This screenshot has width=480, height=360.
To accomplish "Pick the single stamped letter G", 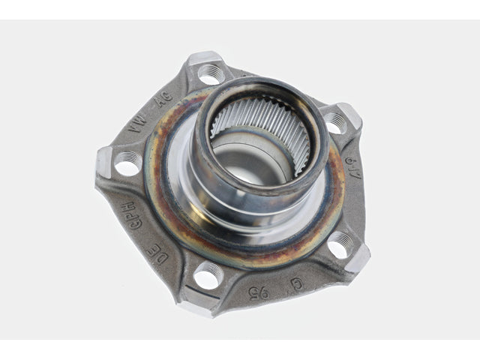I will [297, 283].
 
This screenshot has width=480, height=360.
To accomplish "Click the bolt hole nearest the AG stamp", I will [211, 73].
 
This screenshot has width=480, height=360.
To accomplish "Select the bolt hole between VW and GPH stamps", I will [127, 162].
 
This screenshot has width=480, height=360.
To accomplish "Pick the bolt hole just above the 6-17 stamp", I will [335, 122].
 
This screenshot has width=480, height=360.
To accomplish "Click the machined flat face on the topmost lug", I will [203, 58].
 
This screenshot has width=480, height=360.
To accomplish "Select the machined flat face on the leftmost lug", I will [103, 162].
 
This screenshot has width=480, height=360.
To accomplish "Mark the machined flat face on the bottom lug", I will [196, 304].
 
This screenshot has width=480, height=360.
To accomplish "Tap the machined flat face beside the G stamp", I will [358, 258].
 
